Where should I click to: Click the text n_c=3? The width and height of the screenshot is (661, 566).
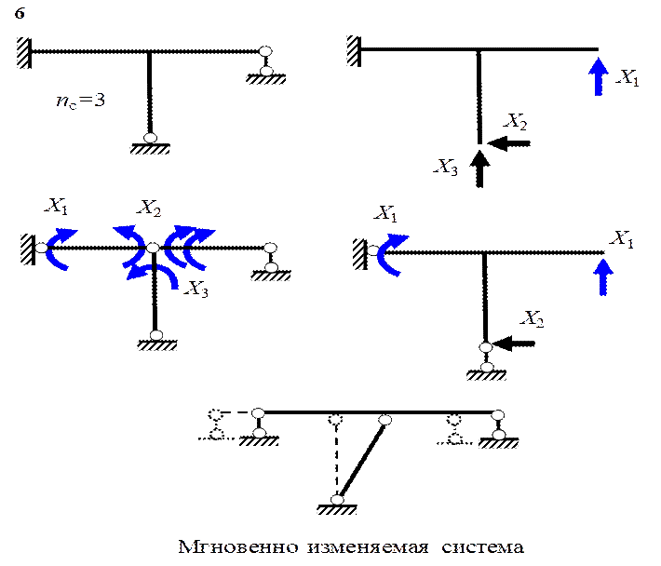[80, 101]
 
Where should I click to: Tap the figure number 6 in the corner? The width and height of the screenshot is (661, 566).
[20, 13]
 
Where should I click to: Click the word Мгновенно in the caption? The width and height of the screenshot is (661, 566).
[238, 547]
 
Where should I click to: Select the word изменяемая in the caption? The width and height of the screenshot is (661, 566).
[368, 548]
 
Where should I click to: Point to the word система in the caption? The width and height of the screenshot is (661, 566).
[482, 548]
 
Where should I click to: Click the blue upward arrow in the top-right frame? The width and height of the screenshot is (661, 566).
[599, 76]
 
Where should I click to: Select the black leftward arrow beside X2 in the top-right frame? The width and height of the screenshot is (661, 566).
[509, 143]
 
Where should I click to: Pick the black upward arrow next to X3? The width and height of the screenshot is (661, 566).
[479, 168]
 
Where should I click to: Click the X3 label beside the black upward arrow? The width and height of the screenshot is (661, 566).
[446, 167]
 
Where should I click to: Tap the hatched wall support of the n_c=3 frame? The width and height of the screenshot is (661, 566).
[24, 53]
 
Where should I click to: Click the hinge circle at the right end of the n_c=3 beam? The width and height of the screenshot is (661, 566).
[265, 51]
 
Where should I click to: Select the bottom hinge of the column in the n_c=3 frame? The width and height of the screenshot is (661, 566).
[150, 138]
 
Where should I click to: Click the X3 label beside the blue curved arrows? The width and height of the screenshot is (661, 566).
[196, 289]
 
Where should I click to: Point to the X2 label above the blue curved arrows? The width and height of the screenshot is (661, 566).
[149, 208]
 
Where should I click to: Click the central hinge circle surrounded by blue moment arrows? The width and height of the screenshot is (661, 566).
[153, 248]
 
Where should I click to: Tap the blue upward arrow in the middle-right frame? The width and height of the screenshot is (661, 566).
[603, 276]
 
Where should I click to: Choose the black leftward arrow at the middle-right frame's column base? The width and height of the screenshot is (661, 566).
[514, 344]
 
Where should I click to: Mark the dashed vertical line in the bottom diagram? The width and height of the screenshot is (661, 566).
[336, 459]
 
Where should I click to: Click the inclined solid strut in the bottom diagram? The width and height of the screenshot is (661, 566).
[362, 460]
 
